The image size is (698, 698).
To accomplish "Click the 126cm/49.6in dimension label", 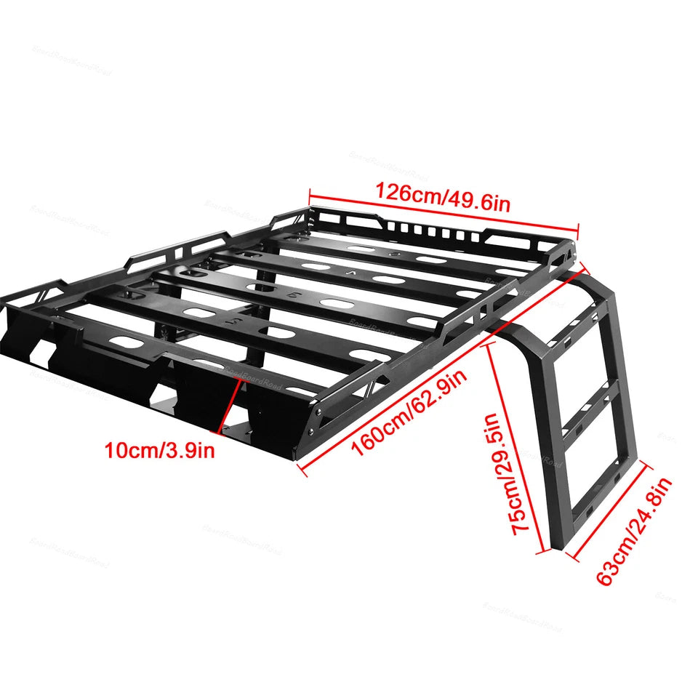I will pyautogui.click(x=442, y=197).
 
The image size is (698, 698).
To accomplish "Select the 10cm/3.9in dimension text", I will pyautogui.click(x=160, y=451).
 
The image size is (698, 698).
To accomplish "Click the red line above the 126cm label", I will pyautogui.click(x=444, y=212).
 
